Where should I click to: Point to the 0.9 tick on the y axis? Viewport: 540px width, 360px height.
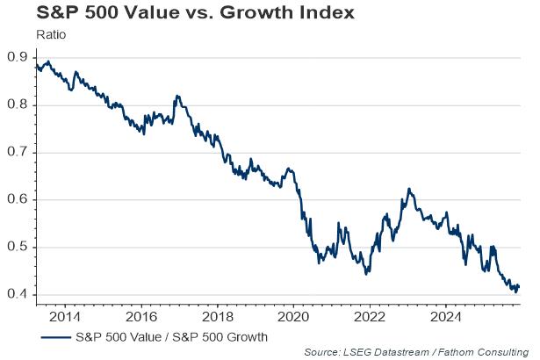tap(17, 57)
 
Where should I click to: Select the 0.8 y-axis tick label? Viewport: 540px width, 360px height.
tap(17, 104)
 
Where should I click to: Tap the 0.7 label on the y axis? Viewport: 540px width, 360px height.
tap(17, 152)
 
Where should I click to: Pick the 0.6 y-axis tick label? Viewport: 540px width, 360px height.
tap(17, 199)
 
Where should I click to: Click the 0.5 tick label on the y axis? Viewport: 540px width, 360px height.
tap(17, 247)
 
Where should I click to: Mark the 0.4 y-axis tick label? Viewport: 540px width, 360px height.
tap(17, 294)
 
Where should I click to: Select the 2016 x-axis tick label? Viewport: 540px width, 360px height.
tap(140, 315)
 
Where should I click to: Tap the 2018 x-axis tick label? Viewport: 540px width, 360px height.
tap(217, 315)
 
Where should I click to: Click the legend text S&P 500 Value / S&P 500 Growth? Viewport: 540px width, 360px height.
tap(170, 336)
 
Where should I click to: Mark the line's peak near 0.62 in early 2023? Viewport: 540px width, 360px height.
tap(408, 189)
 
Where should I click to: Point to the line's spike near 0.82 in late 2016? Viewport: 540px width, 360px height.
tap(177, 96)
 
